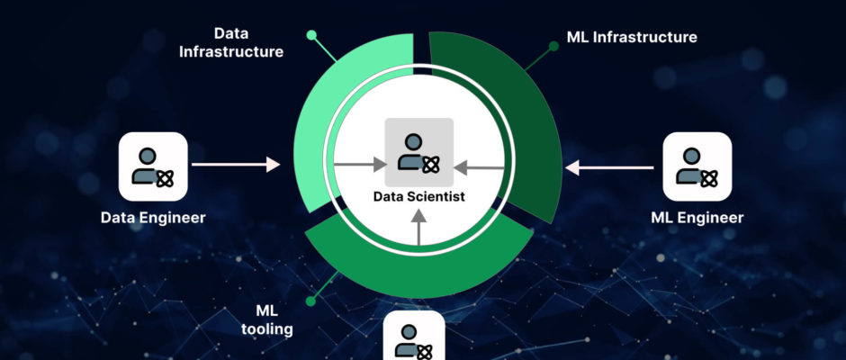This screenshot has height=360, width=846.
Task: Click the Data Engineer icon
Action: (x=153, y=166)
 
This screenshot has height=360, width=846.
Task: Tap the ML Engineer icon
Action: (x=697, y=166)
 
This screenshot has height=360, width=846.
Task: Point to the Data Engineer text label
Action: (x=153, y=217)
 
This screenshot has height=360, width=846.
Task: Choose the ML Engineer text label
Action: (x=697, y=218)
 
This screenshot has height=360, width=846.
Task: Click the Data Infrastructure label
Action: (x=231, y=42)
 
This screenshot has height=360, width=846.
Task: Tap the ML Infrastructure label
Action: (x=632, y=37)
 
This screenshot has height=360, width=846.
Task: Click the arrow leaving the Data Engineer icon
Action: (x=236, y=165)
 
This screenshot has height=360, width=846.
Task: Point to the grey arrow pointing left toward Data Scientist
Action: (x=477, y=166)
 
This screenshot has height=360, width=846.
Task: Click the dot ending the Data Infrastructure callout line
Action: (x=311, y=35)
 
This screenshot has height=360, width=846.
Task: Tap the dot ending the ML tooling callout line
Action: (x=311, y=300)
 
